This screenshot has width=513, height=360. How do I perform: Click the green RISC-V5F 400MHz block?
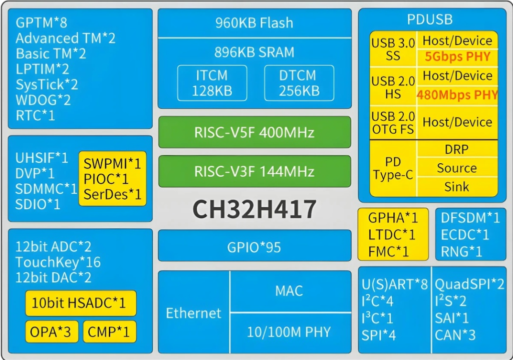point(254,133)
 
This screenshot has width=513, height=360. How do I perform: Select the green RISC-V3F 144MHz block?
point(254,172)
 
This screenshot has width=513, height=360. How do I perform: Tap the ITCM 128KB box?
point(212,83)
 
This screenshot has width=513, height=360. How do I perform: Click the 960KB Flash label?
point(254,23)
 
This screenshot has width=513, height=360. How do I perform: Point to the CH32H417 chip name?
point(254,209)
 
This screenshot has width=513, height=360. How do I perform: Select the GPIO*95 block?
point(254,246)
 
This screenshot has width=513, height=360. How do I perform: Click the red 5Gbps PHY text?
point(457,57)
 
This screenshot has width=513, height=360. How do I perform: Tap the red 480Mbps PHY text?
point(457,95)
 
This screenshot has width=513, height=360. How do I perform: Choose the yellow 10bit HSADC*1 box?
point(81,303)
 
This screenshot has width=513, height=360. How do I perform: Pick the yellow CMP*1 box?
point(109,331)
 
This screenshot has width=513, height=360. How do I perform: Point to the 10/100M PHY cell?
point(289,331)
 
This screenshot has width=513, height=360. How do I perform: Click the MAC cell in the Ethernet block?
point(289,291)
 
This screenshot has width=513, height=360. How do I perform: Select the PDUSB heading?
point(429,20)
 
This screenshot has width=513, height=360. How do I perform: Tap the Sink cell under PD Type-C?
point(456,187)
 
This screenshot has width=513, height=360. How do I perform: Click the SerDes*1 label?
point(113,195)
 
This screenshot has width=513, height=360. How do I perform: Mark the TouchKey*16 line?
point(58,262)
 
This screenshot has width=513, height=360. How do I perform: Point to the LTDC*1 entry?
point(392,234)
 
